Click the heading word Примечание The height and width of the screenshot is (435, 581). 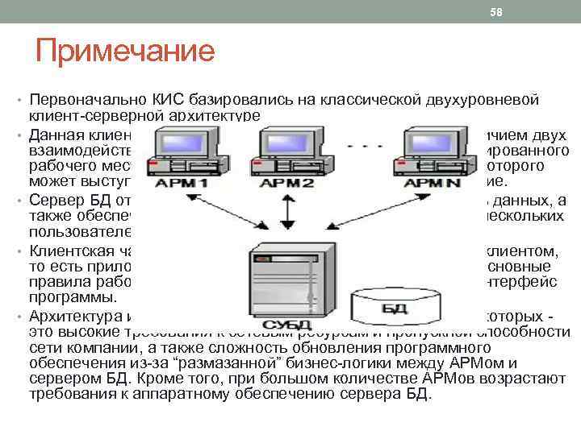pos(125,52)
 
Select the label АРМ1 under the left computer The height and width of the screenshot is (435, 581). pos(184,184)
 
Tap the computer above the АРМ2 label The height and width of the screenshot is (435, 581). pos(282,149)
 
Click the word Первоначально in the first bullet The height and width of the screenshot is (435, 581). pos(88,100)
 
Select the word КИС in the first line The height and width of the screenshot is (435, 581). pos(169,100)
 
